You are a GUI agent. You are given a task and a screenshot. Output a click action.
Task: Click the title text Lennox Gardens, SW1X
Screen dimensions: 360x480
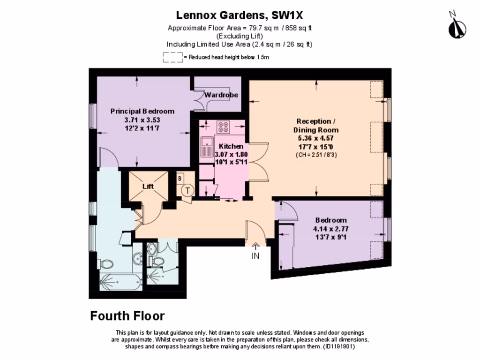240,15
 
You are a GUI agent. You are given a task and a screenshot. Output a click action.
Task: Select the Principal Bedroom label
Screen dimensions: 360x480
142,111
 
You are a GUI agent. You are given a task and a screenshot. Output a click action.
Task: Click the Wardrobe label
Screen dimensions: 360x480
221,95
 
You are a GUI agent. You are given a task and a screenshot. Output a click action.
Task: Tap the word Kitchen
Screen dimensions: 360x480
231,146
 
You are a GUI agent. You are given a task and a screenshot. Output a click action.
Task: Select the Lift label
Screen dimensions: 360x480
148,186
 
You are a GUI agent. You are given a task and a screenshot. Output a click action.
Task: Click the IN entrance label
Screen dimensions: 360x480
255,256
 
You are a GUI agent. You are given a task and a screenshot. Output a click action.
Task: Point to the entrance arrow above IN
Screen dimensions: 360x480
255,246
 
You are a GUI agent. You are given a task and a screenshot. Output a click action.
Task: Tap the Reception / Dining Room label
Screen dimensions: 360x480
316,126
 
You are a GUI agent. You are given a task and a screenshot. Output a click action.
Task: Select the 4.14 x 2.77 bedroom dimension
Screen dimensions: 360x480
331,229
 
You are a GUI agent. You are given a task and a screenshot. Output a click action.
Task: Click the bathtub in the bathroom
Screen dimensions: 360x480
120,282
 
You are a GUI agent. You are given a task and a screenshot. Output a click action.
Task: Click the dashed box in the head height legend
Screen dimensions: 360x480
172,57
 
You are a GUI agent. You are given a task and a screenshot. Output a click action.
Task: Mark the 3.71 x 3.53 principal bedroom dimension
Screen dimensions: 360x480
142,120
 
